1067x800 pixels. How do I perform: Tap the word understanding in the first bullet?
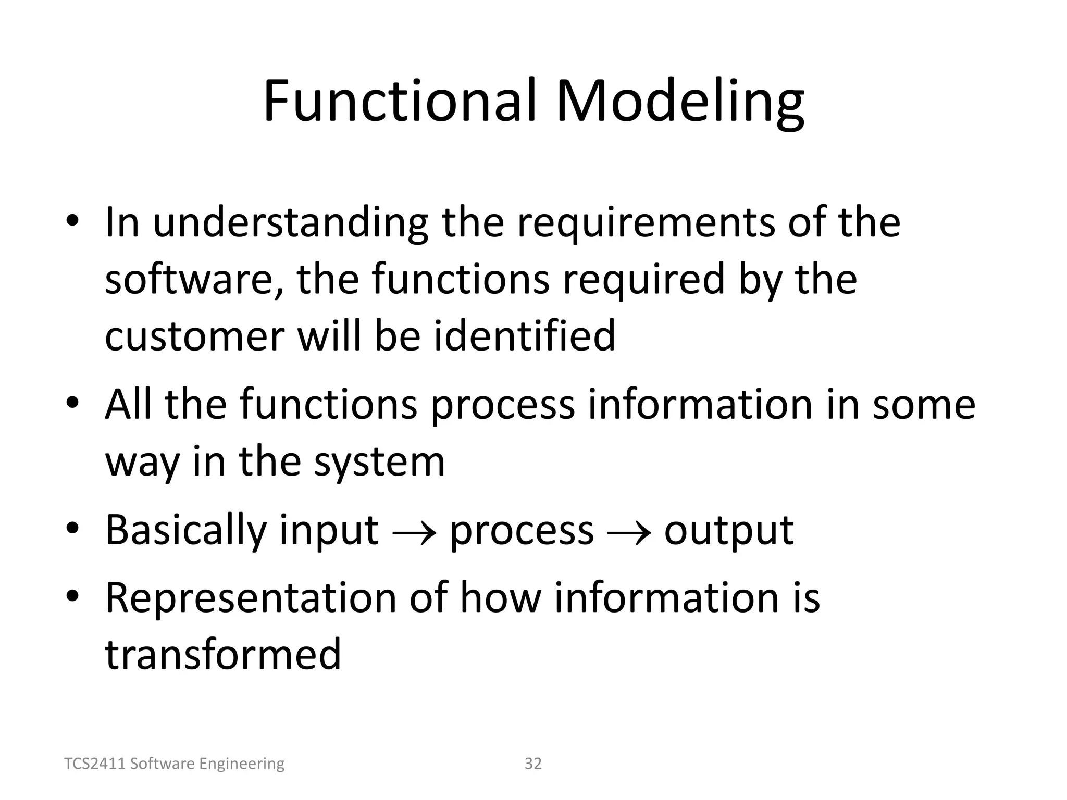pyautogui.click(x=290, y=222)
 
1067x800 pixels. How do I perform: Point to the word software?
pyautogui.click(x=194, y=279)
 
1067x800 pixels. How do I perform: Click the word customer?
pyautogui.click(x=194, y=335)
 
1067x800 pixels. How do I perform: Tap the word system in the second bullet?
pyautogui.click(x=379, y=461)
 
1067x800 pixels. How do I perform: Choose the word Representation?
pyautogui.click(x=251, y=597)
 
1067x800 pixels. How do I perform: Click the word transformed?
pyautogui.click(x=223, y=654)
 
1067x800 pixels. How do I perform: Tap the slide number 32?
pyautogui.click(x=533, y=764)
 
